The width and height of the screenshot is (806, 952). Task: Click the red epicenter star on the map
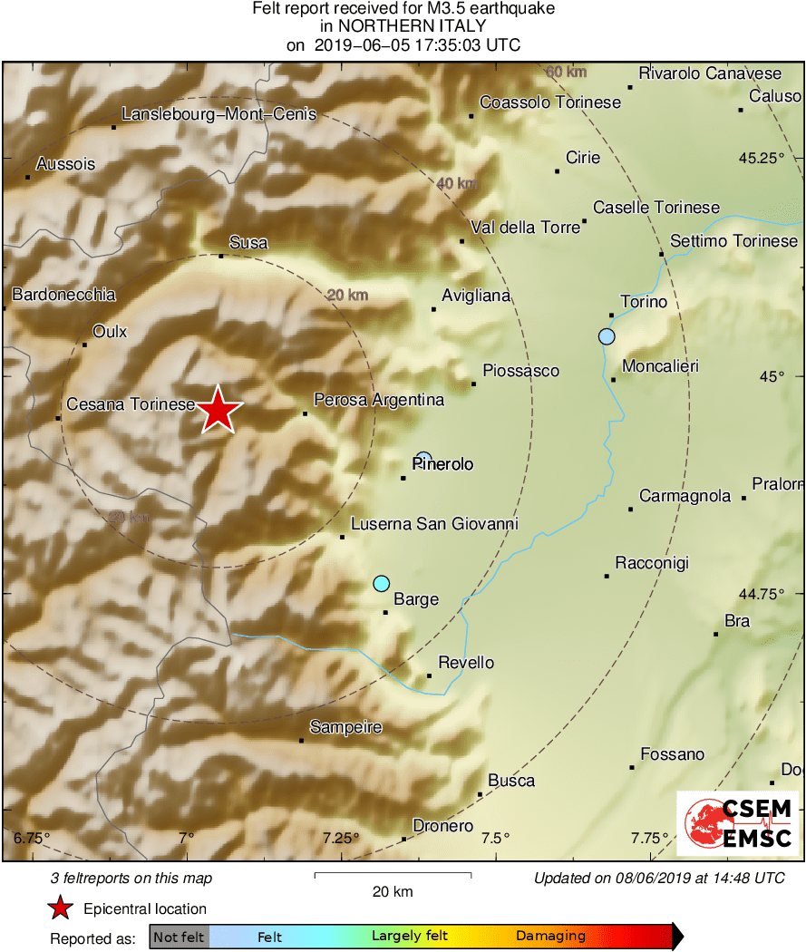(218, 411)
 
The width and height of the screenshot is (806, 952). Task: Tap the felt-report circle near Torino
(607, 336)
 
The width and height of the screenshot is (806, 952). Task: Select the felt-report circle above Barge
(382, 583)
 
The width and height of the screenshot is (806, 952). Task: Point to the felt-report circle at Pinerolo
(423, 458)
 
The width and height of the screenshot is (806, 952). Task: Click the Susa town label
(248, 242)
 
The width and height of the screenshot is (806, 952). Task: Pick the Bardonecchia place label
(63, 295)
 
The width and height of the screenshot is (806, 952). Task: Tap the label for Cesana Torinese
(131, 404)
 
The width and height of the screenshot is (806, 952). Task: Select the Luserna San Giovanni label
(434, 524)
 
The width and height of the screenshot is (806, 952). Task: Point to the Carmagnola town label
(685, 496)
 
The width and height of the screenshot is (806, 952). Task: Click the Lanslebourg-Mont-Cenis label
(219, 114)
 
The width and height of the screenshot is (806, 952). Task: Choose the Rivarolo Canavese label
(710, 73)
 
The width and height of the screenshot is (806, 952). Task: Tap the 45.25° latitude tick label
(761, 158)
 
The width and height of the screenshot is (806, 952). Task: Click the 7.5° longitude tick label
(495, 837)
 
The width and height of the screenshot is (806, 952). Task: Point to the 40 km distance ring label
(456, 184)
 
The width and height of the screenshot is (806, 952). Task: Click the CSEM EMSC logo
(738, 822)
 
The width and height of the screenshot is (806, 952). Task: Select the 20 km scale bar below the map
(393, 875)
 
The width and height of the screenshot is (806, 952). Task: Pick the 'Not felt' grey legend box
(179, 937)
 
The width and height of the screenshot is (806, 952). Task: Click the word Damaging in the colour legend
(550, 937)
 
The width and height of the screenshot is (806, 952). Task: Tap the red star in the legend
(60, 908)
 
